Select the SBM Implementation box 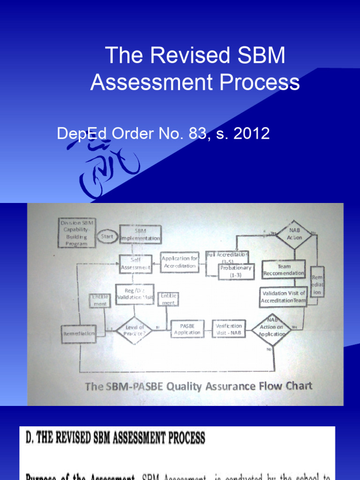[x=140, y=234]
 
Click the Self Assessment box [x=135, y=264]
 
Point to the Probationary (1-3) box [x=236, y=271]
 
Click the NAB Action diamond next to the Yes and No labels [x=294, y=234]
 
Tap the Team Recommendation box [x=284, y=270]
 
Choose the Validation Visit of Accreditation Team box [x=283, y=296]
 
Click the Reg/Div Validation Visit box [x=135, y=294]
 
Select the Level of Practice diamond [x=134, y=330]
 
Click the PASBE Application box [x=187, y=329]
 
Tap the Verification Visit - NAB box [x=229, y=329]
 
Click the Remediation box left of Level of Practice [x=78, y=333]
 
